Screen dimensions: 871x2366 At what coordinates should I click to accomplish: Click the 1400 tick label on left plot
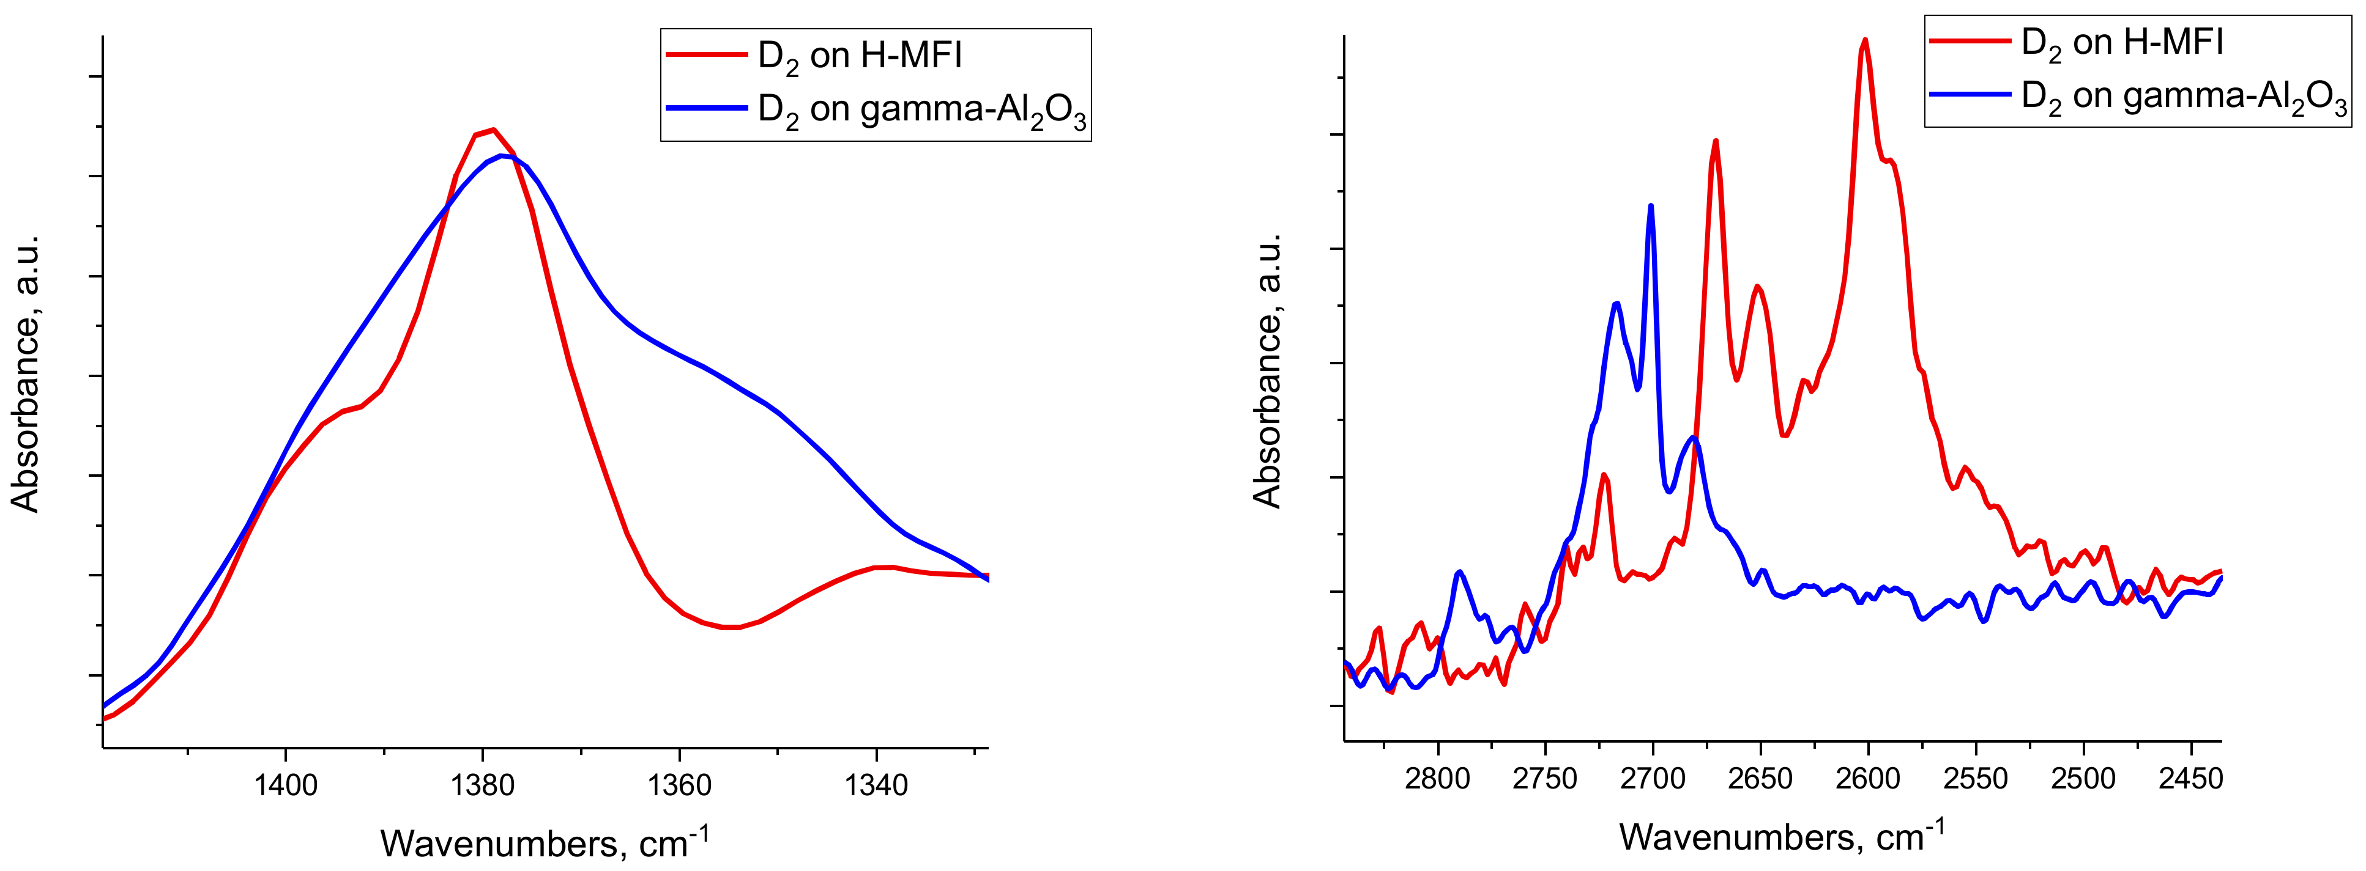[x=286, y=785]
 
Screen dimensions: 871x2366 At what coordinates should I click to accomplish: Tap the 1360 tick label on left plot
[x=680, y=785]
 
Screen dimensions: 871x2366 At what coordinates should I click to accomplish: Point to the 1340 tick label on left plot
[x=876, y=785]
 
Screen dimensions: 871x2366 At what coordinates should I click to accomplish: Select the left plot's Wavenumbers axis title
[x=544, y=842]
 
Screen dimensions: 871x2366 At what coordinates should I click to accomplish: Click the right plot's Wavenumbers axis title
[x=1782, y=836]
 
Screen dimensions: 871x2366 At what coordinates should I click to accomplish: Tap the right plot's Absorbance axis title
[x=1268, y=370]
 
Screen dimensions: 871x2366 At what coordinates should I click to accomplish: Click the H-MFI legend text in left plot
[x=860, y=56]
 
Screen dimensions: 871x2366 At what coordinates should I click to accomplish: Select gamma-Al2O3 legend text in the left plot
[x=921, y=110]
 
